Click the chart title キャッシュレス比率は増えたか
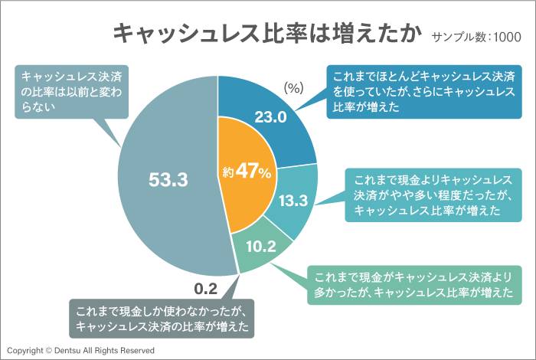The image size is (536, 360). (x=267, y=33)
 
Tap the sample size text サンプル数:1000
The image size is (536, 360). (x=476, y=37)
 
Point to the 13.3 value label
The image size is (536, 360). (x=293, y=201)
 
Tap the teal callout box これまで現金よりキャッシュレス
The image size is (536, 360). (x=432, y=195)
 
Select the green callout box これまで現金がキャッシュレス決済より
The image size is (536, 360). (x=413, y=285)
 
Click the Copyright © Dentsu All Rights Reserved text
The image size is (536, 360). (x=80, y=350)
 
